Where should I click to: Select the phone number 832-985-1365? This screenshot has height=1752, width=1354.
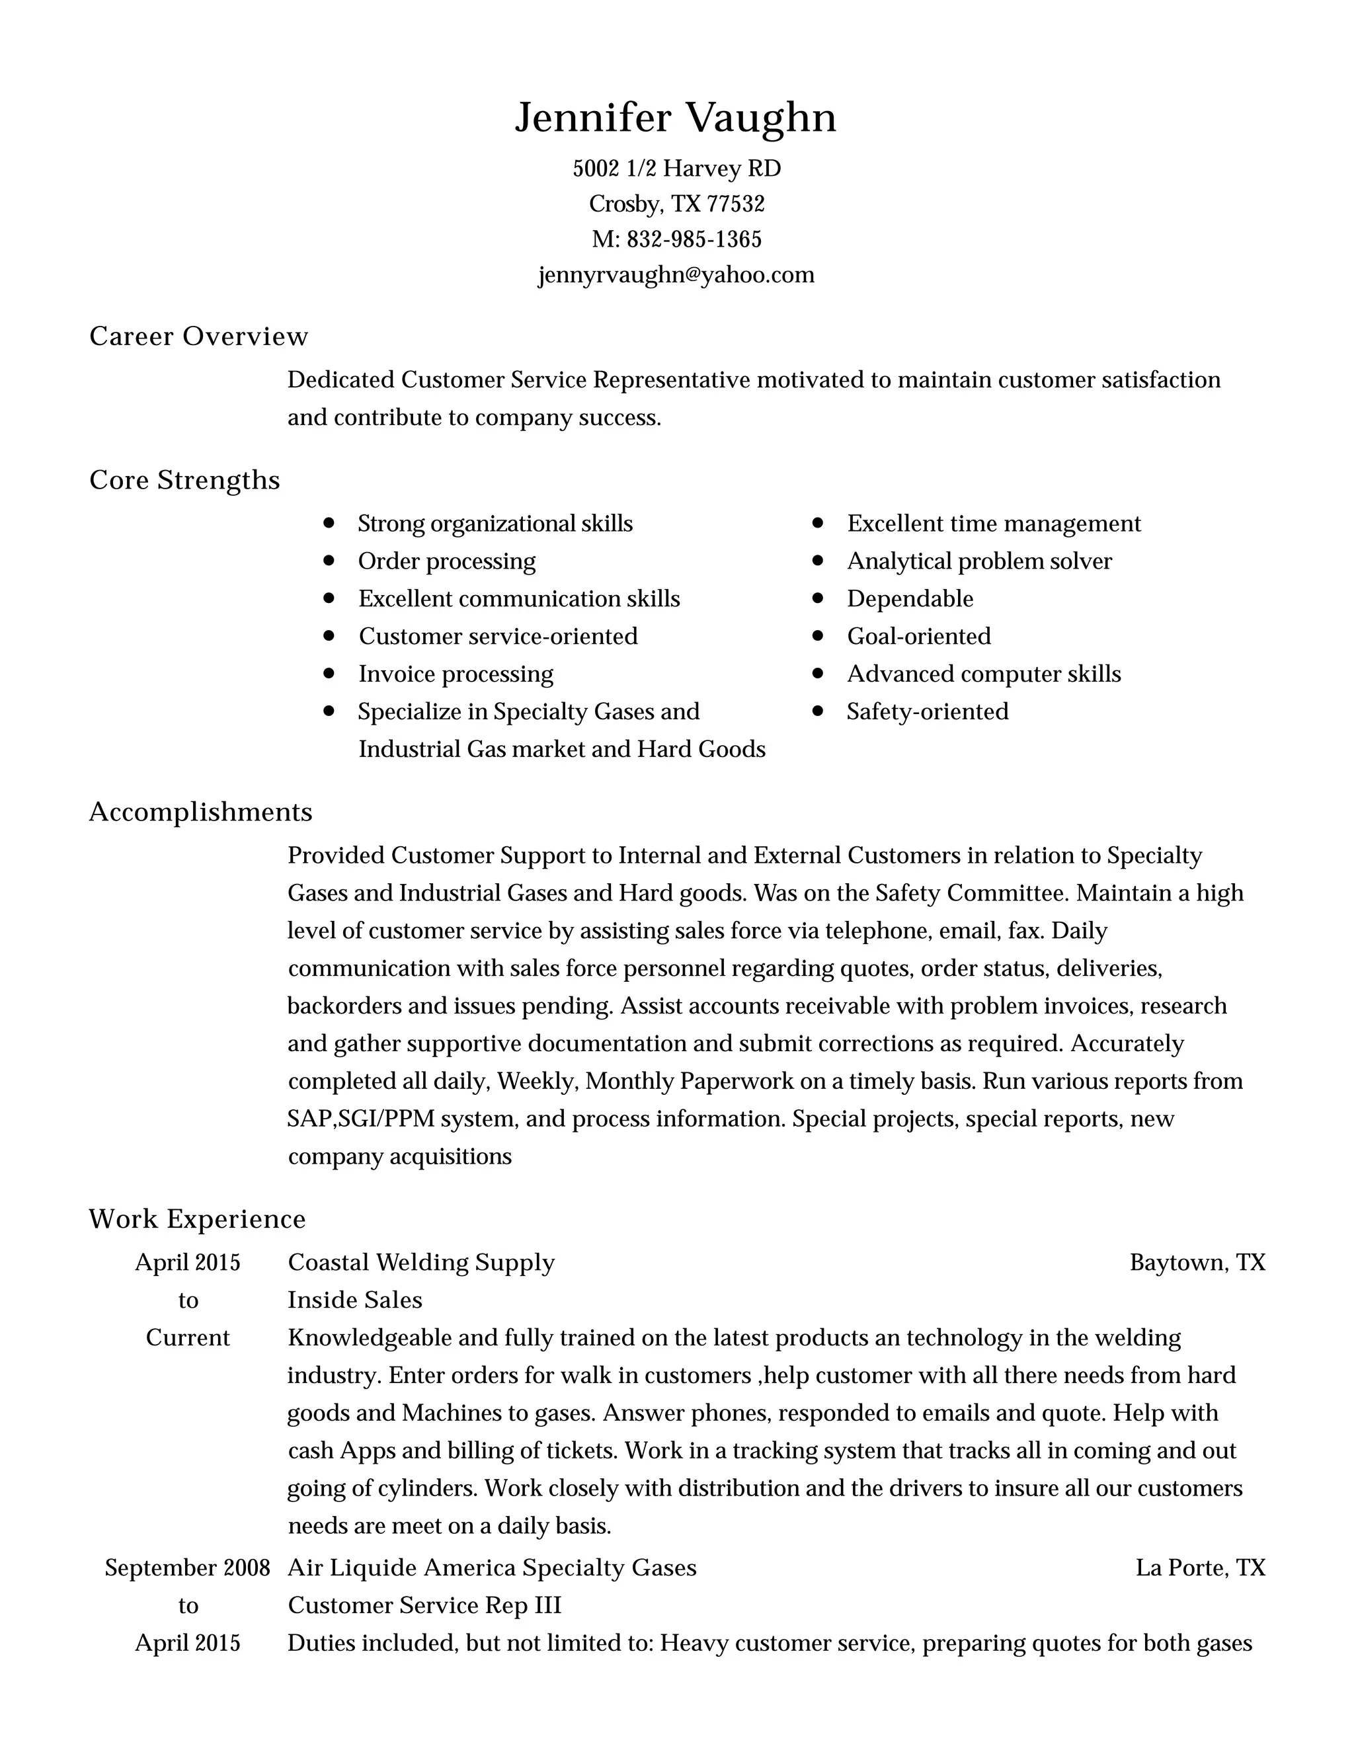[694, 239]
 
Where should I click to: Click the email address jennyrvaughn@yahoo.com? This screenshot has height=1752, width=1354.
[676, 275]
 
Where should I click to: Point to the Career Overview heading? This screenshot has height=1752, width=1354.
[198, 336]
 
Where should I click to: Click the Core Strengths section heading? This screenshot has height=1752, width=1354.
[184, 480]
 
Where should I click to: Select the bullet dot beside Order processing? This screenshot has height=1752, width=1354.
[328, 561]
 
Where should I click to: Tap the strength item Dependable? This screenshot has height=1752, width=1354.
[910, 598]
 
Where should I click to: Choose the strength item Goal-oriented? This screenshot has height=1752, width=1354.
[918, 636]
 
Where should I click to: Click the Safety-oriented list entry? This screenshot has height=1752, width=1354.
[928, 711]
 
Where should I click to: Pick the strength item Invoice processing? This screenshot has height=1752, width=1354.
[456, 674]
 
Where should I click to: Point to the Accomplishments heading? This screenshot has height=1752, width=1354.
[200, 812]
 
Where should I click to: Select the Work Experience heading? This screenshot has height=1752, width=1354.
[197, 1218]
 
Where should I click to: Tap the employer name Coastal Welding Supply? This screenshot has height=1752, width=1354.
[421, 1263]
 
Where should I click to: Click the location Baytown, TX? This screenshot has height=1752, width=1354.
[1197, 1263]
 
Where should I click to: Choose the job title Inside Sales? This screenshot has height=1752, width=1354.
[354, 1300]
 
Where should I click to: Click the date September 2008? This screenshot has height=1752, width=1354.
[187, 1568]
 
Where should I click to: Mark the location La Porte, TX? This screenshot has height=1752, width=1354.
[1200, 1568]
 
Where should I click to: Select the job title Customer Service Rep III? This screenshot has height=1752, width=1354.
[424, 1605]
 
